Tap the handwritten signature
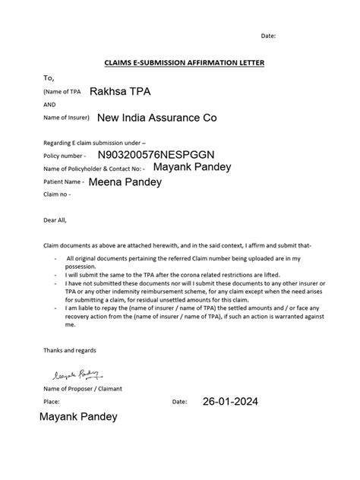pyautogui.click(x=74, y=374)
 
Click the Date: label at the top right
pyautogui.click(x=268, y=36)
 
